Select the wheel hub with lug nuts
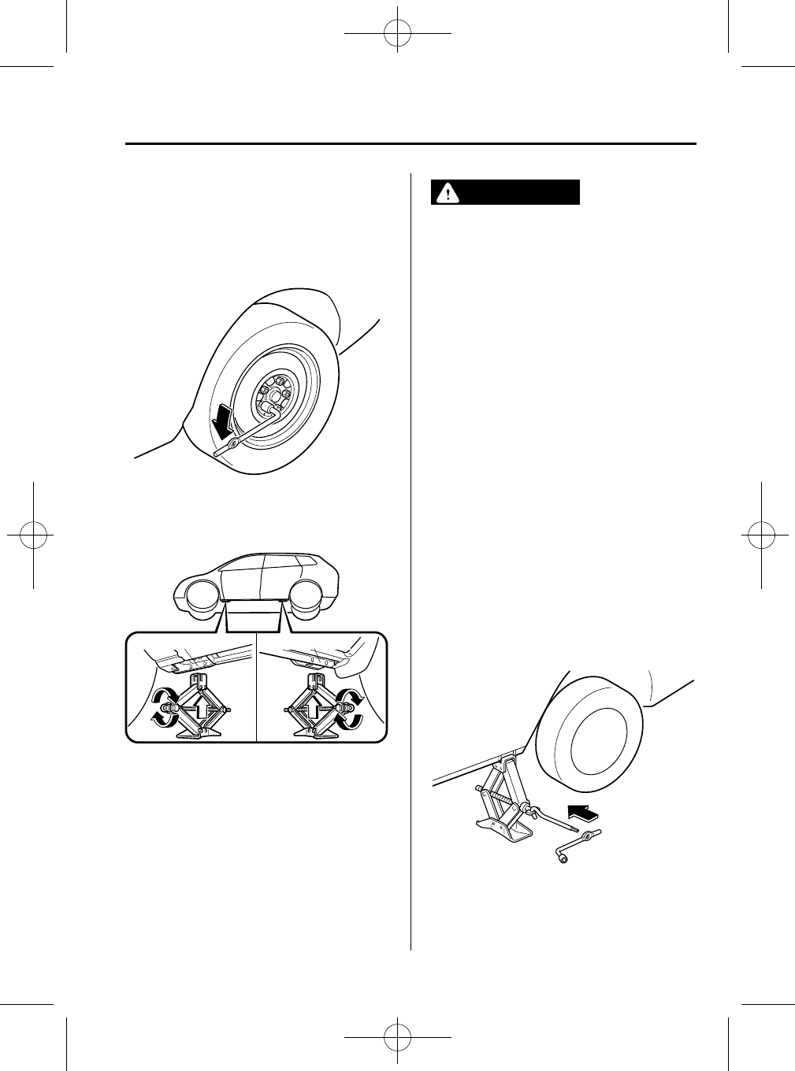[x=276, y=397]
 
